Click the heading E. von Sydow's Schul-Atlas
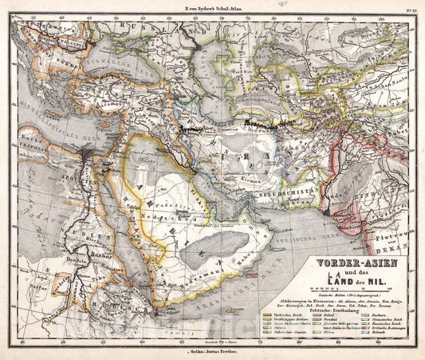pos(212,6)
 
